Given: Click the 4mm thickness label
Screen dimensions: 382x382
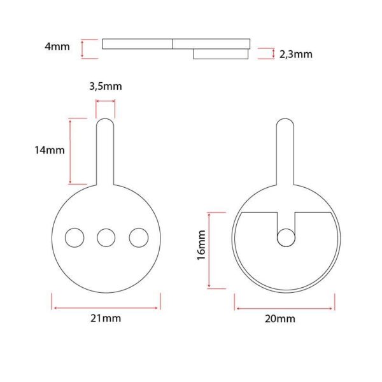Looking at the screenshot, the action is pos(57,46).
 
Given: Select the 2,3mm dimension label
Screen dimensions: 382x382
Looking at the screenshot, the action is pos(296,54).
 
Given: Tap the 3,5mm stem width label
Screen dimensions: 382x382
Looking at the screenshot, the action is pos(106,86).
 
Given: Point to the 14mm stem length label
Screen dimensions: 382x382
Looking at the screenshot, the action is pos(50,150).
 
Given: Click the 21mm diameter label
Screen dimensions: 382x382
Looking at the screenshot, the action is pos(106,318).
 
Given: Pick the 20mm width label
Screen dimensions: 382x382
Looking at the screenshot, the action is pos(280,319).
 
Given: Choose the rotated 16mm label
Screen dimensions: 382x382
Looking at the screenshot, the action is pos(201,245).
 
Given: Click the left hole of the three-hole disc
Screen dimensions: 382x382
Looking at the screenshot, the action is pos(74,237).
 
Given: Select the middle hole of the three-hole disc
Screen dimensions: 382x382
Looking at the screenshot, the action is pos(106,237).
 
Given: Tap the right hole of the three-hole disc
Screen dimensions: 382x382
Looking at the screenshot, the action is pos(139,237).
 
